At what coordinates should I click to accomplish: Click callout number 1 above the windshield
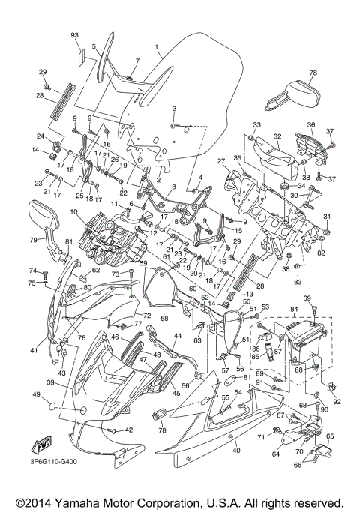point(157,46)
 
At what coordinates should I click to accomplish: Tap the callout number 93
point(75,36)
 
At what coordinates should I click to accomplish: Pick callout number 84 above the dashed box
point(294,308)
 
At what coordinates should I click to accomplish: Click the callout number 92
point(336,401)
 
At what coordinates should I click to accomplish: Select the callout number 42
point(128,430)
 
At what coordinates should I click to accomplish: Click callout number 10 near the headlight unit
point(75,213)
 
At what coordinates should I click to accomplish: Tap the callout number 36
point(310,124)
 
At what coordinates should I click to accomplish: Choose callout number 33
point(256,124)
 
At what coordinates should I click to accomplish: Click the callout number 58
point(163,318)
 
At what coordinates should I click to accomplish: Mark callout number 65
point(331,435)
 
